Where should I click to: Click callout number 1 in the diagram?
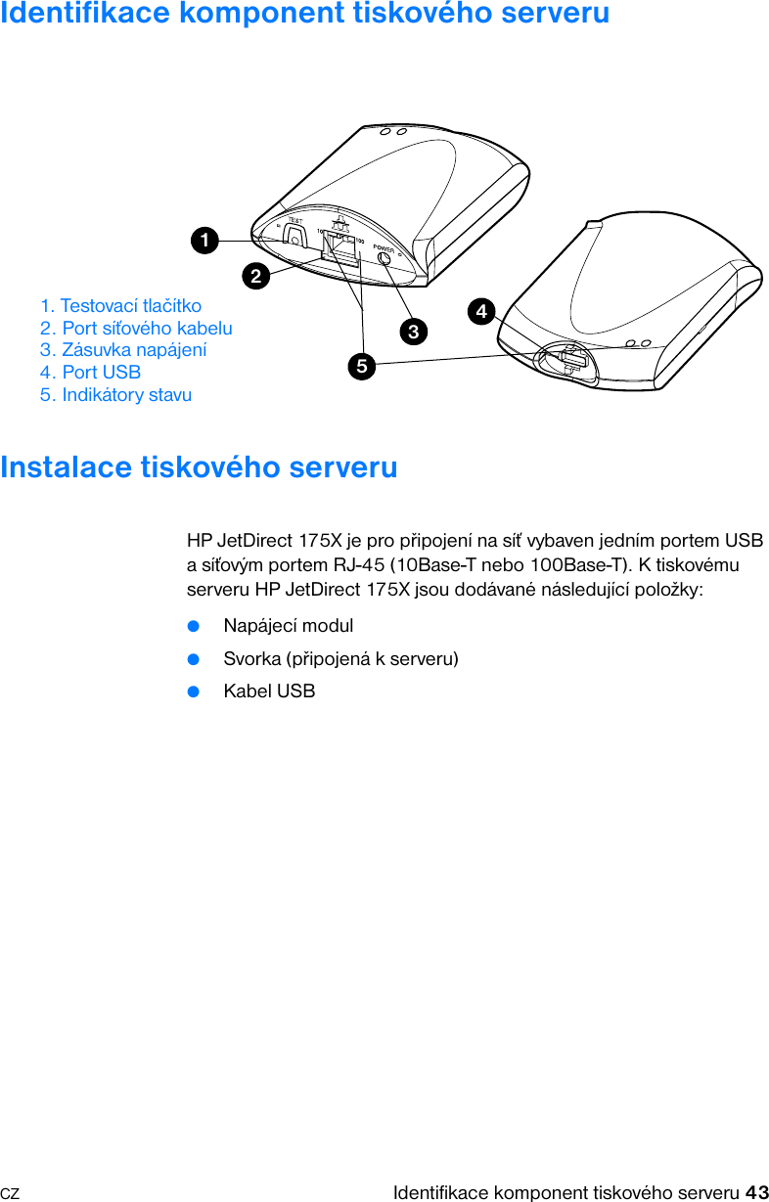(x=204, y=240)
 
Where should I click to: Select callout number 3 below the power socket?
(x=414, y=332)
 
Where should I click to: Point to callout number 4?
(x=480, y=312)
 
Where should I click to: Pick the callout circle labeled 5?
(x=362, y=367)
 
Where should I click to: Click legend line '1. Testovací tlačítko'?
(x=121, y=306)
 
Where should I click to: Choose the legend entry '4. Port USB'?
(x=91, y=373)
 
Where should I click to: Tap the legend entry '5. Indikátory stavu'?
(x=116, y=395)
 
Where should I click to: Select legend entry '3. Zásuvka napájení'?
(x=123, y=350)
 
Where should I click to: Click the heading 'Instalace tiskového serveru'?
(x=200, y=467)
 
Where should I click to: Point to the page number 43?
(x=756, y=1192)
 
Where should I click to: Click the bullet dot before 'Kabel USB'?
(x=194, y=691)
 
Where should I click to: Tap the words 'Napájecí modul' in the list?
(x=289, y=625)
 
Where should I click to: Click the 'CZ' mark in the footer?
(x=10, y=1194)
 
